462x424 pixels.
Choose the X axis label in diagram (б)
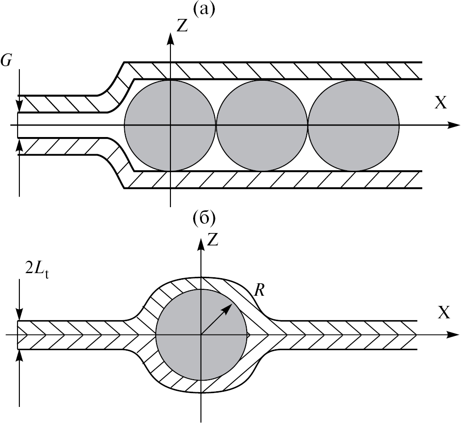point(444,313)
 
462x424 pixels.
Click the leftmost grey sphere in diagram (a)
point(170,125)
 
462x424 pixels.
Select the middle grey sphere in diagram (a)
point(261,125)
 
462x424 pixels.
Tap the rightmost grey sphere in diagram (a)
point(353,125)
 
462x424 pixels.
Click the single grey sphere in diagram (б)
point(201,335)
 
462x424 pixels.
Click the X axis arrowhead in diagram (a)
point(455,125)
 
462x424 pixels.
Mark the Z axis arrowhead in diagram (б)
point(201,245)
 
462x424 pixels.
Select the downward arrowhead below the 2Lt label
point(19,317)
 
